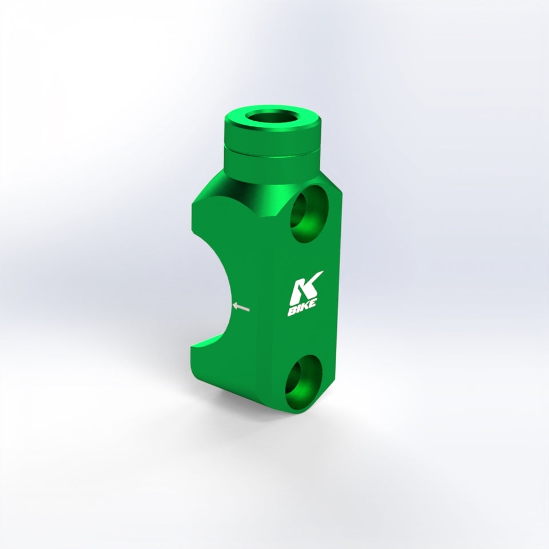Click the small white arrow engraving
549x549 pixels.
[x=242, y=308]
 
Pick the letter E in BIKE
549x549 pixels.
[x=314, y=307]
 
